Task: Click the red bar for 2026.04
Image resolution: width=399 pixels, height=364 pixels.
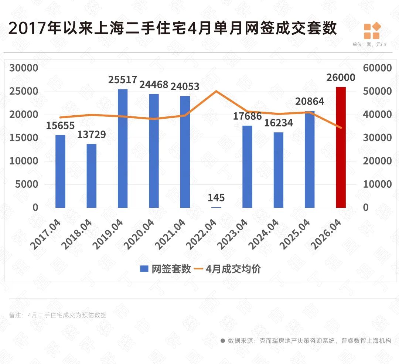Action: (341, 147)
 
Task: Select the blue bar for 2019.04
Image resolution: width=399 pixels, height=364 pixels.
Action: (123, 149)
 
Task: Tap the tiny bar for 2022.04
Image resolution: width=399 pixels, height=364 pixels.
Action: (216, 207)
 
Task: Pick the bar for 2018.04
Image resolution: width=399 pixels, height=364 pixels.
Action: (91, 176)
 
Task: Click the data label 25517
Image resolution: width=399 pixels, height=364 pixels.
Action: (123, 80)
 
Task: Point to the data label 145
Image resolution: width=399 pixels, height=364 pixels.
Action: (216, 198)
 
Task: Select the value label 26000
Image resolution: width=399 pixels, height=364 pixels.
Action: (341, 78)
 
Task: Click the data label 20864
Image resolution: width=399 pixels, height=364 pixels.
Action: (310, 102)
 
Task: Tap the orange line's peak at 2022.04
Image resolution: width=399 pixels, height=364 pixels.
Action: (216, 91)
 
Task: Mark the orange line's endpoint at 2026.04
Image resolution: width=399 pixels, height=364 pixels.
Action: (341, 127)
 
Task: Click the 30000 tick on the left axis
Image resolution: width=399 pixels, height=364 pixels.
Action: (24, 68)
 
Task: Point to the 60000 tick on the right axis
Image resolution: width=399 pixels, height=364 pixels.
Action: (377, 68)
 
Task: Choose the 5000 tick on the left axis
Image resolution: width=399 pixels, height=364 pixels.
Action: (27, 184)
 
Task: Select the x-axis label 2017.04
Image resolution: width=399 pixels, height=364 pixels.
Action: (45, 234)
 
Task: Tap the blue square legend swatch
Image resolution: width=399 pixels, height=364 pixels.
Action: (144, 269)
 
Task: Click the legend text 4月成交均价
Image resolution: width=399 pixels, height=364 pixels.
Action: (233, 269)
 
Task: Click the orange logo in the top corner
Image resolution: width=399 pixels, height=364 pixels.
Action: (372, 31)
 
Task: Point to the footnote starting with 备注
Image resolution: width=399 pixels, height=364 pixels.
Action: (58, 315)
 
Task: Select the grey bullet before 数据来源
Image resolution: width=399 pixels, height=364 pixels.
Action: (223, 341)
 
